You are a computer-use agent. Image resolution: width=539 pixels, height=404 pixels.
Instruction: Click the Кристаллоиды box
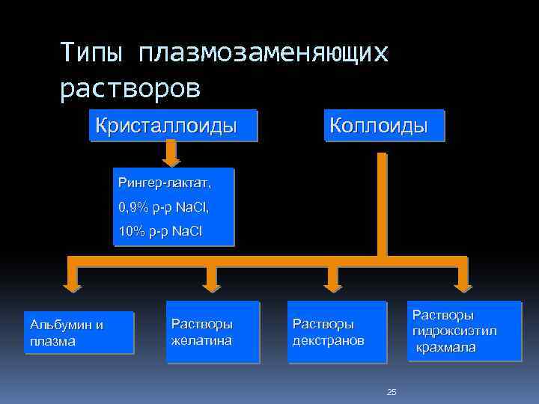click(172, 126)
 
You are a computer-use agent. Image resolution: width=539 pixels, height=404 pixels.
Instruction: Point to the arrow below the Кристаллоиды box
click(171, 154)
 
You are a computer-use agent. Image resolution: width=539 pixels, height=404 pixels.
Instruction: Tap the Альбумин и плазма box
click(79, 332)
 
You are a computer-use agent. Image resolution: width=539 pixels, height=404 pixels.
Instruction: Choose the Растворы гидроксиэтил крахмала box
click(464, 331)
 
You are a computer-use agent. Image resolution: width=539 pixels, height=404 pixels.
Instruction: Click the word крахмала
click(446, 348)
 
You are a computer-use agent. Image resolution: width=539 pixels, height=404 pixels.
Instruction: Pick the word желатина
click(201, 340)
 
